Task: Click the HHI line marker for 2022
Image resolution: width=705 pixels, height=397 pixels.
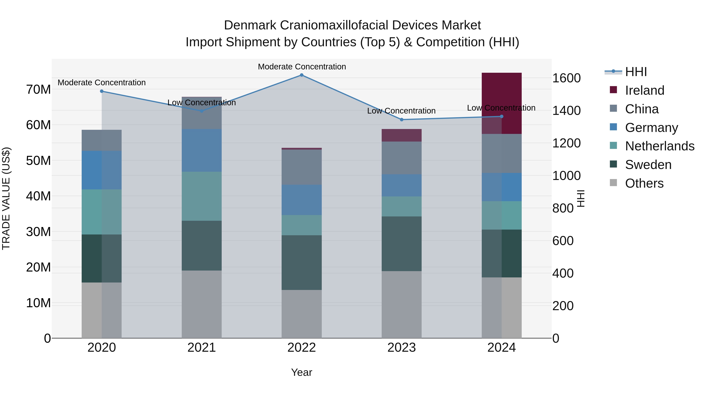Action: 302,75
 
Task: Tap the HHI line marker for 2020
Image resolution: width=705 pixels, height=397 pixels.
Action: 102,91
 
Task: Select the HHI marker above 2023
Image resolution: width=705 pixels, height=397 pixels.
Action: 401,120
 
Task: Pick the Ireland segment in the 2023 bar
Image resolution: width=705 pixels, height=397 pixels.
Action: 401,135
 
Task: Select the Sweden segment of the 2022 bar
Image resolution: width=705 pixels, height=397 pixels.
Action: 302,263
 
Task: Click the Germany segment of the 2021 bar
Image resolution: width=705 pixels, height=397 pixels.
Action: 202,150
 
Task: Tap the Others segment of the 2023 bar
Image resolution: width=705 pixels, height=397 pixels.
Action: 401,304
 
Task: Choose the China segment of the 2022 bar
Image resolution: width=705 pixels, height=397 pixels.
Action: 302,167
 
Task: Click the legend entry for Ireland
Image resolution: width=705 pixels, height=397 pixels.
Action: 644,90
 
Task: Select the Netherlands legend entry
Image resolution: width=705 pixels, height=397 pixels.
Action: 660,146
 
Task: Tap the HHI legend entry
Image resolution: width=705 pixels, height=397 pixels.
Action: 636,72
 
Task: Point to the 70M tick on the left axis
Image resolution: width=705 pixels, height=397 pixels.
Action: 38,90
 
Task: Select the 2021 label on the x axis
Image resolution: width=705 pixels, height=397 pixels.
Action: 202,348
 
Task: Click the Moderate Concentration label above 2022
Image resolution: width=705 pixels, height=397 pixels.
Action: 302,67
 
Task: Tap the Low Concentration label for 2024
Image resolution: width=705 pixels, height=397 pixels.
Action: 501,108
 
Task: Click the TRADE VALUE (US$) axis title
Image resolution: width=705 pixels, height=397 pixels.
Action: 6,198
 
